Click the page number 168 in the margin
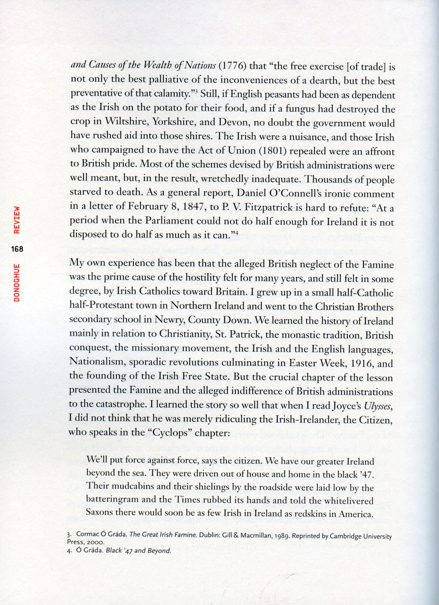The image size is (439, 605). click(17, 249)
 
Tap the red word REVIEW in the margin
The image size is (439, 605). click(17, 220)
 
